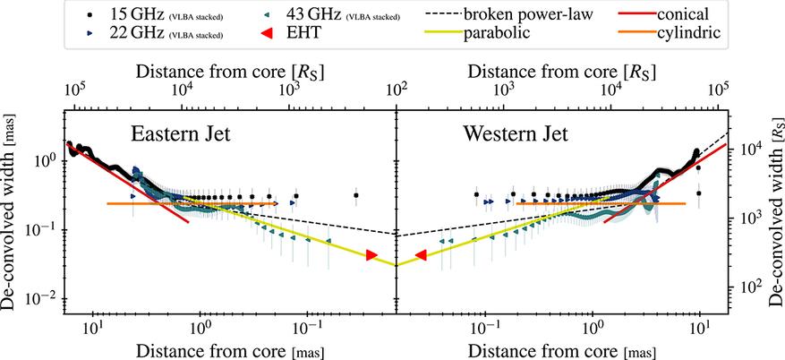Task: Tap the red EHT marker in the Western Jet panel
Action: point(421,256)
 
